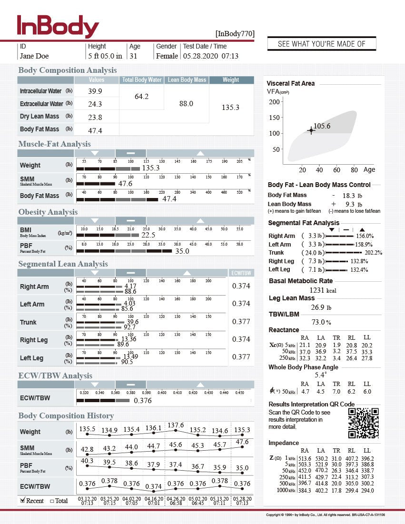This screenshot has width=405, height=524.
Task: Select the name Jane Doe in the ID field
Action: click(34, 56)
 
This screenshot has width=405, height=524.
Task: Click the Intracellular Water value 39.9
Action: click(95, 91)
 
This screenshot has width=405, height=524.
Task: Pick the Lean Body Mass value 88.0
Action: click(186, 103)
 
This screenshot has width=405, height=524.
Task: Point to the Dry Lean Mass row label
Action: click(40, 117)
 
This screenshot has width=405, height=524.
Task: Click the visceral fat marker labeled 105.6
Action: click(311, 130)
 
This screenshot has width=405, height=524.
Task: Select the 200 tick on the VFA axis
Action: click(274, 102)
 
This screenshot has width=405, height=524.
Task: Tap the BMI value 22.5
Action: click(148, 235)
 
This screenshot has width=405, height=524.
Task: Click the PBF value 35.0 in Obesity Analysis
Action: click(182, 251)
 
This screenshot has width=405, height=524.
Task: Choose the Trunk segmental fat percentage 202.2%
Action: click(373, 253)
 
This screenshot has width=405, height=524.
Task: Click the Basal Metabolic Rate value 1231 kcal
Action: click(323, 290)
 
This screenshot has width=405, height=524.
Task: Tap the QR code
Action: click(363, 423)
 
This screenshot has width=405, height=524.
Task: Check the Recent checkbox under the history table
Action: click(22, 500)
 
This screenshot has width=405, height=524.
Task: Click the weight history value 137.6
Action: click(176, 425)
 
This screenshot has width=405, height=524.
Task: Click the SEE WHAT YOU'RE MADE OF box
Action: click(322, 44)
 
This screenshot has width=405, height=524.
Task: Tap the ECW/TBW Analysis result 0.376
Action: click(143, 401)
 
